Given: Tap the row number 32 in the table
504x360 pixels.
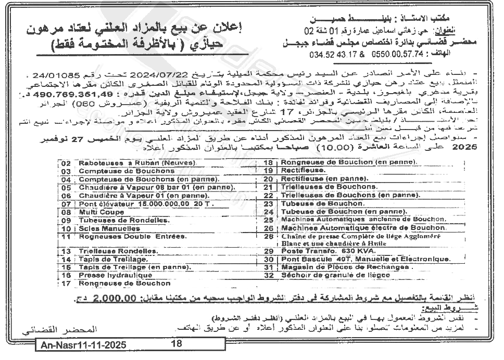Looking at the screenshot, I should point(269,275).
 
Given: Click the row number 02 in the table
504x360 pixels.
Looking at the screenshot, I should point(66,163).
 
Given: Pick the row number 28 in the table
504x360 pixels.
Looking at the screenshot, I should point(269,236).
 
